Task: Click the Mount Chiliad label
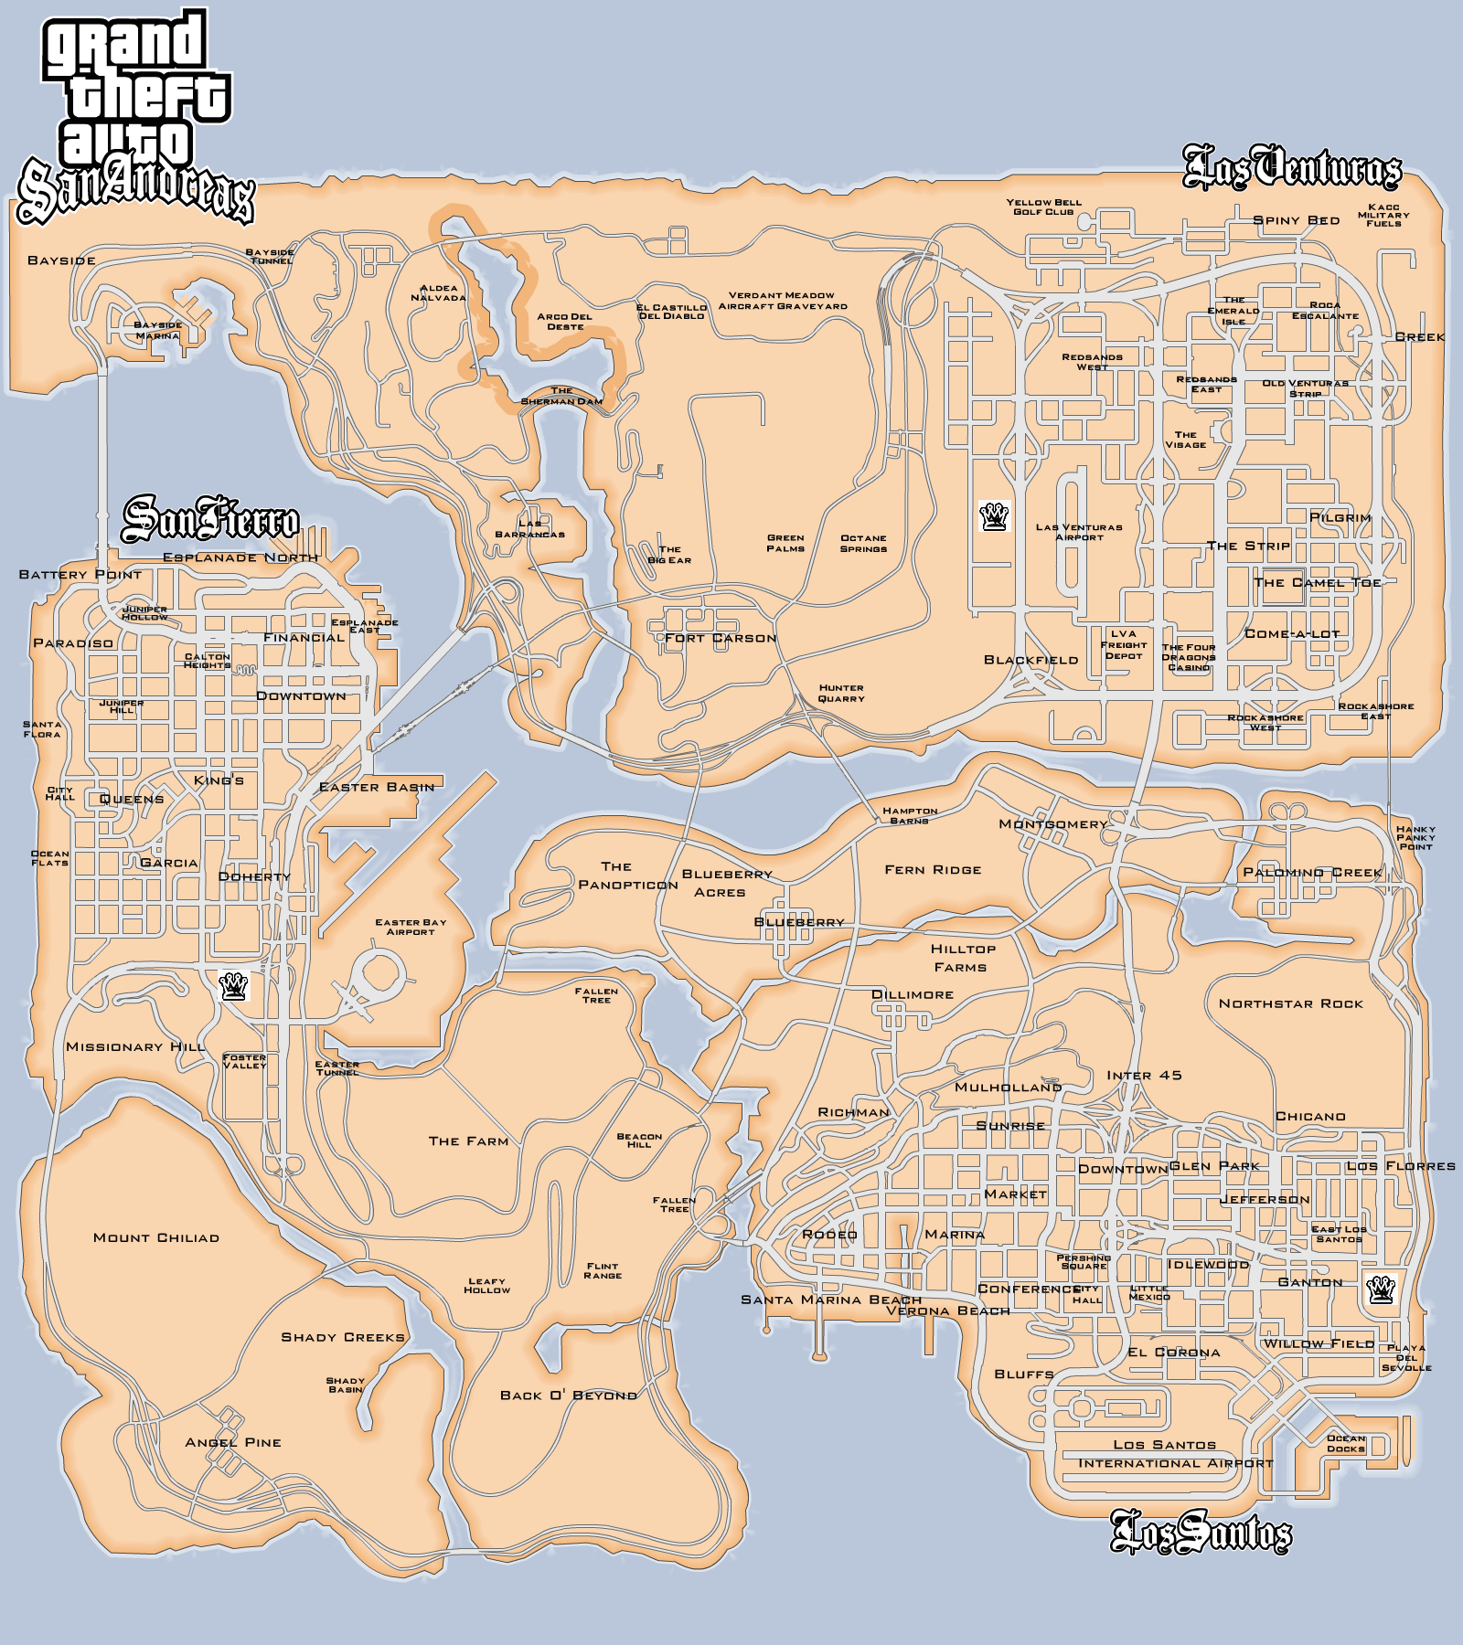coord(156,1237)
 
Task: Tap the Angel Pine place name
coord(233,1442)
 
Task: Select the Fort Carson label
coord(721,638)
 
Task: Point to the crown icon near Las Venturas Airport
coord(993,516)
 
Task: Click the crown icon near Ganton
coord(1380,1289)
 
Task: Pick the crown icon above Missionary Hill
coord(234,987)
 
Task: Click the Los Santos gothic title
coord(1201,1533)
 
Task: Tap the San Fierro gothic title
coord(210,519)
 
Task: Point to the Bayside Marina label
coord(158,330)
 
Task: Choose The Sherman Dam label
coord(561,396)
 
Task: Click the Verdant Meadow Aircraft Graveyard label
coord(783,301)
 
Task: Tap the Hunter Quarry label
coord(841,693)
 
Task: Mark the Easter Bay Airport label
coord(411,927)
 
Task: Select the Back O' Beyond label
coord(568,1396)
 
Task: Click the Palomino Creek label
coord(1312,872)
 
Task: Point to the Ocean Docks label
coord(1346,1443)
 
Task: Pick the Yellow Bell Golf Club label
coord(1043,207)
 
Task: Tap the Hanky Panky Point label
coord(1415,837)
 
